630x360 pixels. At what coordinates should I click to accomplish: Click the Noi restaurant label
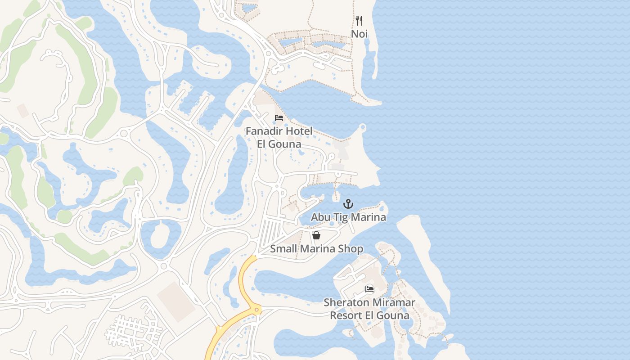coord(359,34)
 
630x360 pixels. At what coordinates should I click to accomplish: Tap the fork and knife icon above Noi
coord(359,21)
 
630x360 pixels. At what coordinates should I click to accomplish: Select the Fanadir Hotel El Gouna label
coord(279,138)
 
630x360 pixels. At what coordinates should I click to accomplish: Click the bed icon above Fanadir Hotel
coord(279,118)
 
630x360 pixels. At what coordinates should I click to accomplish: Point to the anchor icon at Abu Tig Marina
coord(348,204)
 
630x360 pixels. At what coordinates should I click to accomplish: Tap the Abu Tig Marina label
coord(348,217)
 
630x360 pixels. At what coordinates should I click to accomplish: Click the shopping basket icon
coord(316,235)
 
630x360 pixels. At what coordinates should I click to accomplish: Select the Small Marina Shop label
coord(316,249)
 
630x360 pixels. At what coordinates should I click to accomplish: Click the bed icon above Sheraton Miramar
coord(369,289)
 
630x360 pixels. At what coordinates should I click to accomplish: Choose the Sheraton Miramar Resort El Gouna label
coord(369,309)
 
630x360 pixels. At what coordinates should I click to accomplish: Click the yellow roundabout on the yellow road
coord(256,310)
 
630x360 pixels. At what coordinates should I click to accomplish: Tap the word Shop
coord(352,249)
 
